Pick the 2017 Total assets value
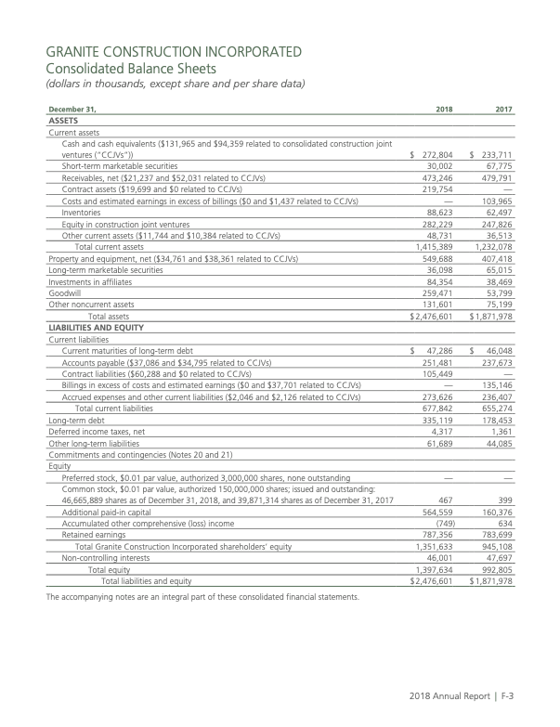493,317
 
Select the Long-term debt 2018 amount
437,420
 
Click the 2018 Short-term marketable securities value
439,165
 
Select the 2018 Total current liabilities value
437,408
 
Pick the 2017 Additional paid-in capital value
497,510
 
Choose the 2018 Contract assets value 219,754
437,188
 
